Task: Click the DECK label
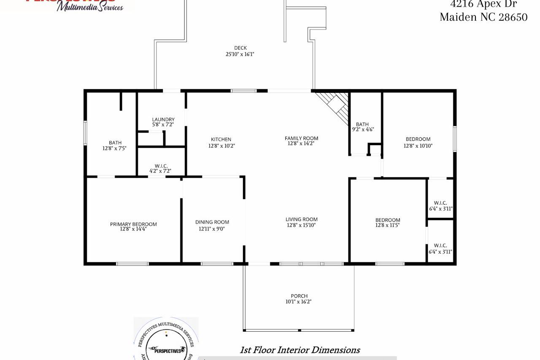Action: pos(240,48)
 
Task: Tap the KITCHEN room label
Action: pos(221,139)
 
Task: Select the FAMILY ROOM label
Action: pos(301,138)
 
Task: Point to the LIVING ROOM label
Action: pos(301,219)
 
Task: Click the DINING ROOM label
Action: pos(212,222)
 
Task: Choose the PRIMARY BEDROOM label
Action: pos(133,224)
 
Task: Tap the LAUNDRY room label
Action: pos(163,119)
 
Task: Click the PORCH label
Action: pos(299,296)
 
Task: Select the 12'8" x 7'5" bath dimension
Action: pos(115,148)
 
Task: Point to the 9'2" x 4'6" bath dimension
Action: pos(362,130)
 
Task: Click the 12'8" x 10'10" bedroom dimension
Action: pos(418,146)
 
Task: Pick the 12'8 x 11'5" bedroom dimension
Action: pos(387,225)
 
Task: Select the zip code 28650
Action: pos(513,17)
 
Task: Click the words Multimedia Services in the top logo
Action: pos(90,7)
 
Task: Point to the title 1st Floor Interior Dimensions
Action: pos(300,350)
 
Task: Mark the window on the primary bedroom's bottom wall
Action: pos(132,264)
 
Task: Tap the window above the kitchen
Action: pos(243,90)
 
